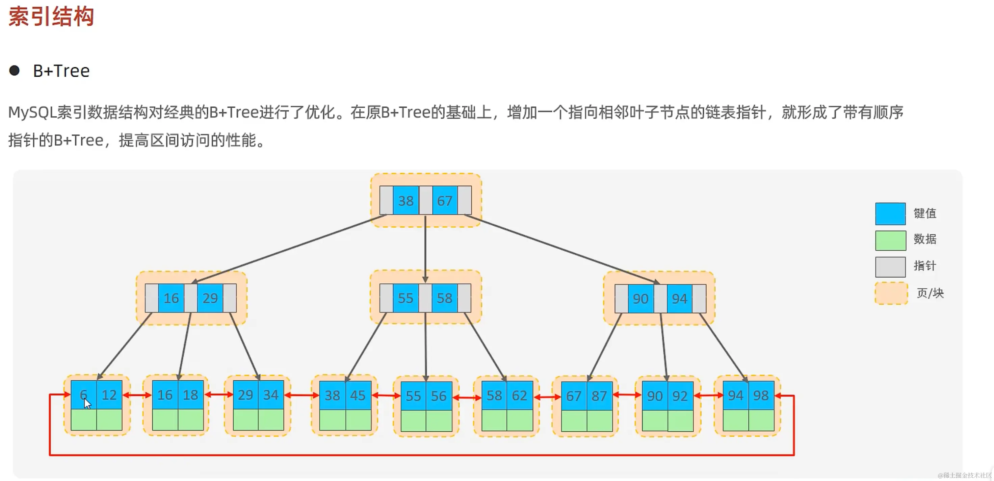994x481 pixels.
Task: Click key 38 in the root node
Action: pos(406,201)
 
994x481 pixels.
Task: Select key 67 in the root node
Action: pos(445,201)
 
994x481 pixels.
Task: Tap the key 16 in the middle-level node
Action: pos(171,298)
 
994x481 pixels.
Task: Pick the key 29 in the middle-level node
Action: pos(210,298)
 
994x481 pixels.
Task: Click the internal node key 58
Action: pos(444,298)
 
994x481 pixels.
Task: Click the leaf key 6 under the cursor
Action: pos(83,395)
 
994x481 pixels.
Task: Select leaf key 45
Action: pos(358,395)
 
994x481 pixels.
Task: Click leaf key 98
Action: pos(761,395)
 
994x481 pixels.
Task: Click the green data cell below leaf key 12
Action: pos(109,420)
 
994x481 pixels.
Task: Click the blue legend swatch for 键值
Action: pos(890,213)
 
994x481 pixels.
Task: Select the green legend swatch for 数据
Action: pos(890,240)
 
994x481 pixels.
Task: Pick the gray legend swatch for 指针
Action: pos(890,267)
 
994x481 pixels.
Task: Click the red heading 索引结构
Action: pos(51,17)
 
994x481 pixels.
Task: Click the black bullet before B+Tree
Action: pos(14,71)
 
